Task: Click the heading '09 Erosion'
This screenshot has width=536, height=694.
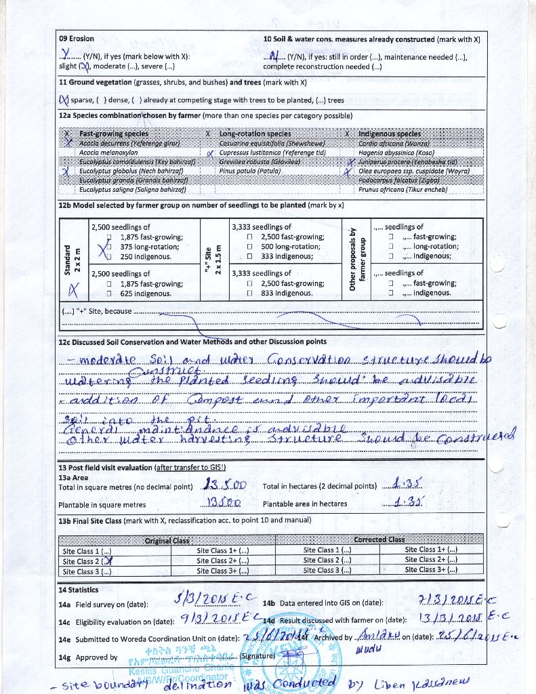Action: tap(77, 39)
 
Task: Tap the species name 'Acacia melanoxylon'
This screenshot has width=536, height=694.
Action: tap(108, 153)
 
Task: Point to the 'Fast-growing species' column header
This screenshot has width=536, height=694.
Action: tap(114, 134)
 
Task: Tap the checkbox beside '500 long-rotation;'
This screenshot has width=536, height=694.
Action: tap(250, 247)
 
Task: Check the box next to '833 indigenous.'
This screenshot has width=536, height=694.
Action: tap(250, 293)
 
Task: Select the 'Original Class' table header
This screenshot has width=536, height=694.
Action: tap(167, 540)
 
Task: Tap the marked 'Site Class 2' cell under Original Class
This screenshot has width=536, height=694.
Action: tap(87, 560)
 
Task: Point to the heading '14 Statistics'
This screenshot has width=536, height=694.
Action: tap(79, 590)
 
